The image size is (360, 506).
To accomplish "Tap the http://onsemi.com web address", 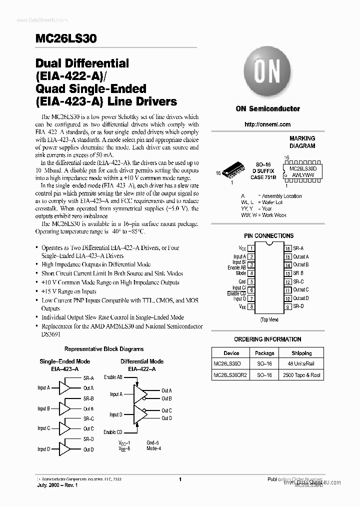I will pos(268,124).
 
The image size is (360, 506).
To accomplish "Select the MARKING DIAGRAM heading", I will pos(302,142).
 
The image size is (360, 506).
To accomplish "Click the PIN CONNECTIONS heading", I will pos(268,235).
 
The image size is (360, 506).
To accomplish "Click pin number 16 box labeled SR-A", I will pos(288,248).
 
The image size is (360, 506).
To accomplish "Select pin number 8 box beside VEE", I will pos(251,306).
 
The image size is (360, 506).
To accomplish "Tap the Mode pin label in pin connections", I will pos(241,273).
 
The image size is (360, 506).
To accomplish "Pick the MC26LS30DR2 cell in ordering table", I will pos(230,375).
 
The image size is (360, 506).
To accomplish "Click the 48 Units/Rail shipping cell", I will pos(301,363).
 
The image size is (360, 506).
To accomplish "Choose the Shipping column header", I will pos(301,352).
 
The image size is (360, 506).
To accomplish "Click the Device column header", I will pos(231,352).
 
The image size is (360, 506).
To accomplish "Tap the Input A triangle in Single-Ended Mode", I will pos(64,387).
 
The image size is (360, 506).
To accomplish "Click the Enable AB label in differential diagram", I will pos(113,377).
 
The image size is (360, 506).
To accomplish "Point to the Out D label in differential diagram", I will pos(166,418).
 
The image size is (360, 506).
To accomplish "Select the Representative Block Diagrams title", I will pos(104,349).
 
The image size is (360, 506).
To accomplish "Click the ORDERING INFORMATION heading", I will pos(268,339).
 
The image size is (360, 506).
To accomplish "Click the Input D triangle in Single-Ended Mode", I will pos(64,449).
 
